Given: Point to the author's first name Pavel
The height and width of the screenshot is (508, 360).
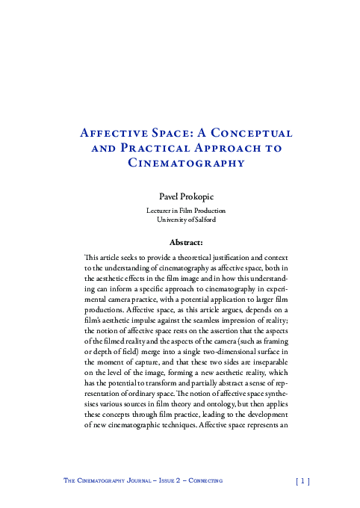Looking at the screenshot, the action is [164, 195].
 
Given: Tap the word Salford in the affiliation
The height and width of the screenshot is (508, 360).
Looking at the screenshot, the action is [205, 220].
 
